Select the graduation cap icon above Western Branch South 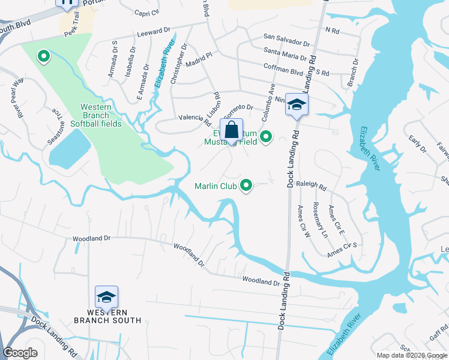pos(106,298)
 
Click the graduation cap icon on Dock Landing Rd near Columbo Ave pos(296,105)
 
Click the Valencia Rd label pos(192,118)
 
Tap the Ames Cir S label pos(342,250)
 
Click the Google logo pos(20,353)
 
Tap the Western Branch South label pos(107,316)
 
